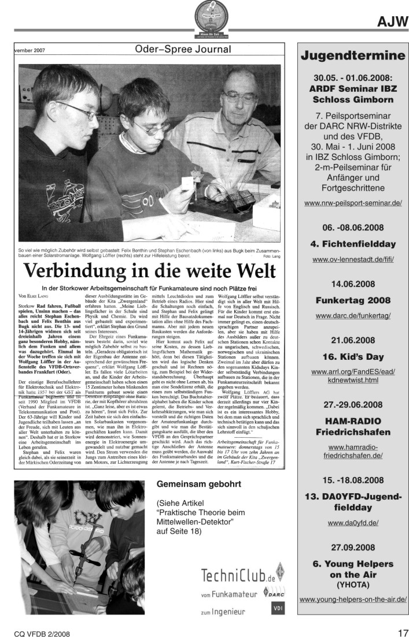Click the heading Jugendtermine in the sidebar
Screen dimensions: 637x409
click(352, 57)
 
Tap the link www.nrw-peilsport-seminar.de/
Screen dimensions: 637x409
click(352, 203)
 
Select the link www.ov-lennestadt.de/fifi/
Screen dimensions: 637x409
click(352, 260)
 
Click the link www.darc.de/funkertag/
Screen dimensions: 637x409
click(352, 316)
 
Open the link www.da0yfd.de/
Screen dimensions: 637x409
click(352, 523)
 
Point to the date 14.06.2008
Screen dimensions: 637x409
click(352, 284)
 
